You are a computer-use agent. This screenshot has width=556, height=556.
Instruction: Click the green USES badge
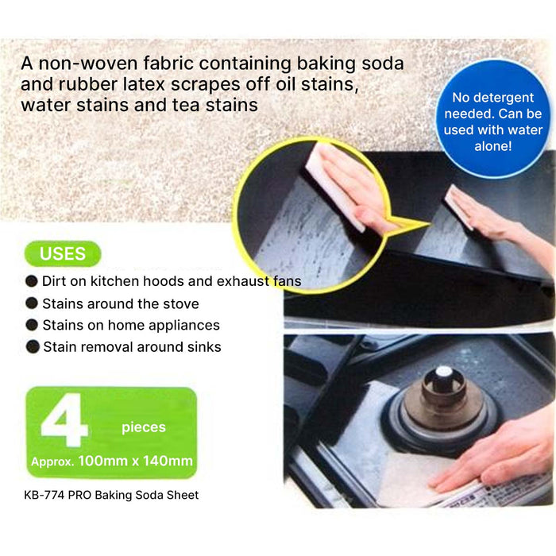(x=63, y=253)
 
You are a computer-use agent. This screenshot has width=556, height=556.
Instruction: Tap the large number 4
(x=64, y=420)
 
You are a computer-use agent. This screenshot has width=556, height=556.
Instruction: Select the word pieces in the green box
(x=144, y=427)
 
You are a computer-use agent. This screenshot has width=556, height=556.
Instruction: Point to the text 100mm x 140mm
(x=136, y=461)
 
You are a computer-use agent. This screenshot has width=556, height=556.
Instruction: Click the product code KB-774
(x=44, y=495)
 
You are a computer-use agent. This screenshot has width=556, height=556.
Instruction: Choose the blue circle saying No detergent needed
(x=493, y=119)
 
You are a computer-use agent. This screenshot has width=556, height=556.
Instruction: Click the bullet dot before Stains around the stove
(x=32, y=303)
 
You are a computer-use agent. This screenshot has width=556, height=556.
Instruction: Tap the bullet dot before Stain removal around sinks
(x=33, y=346)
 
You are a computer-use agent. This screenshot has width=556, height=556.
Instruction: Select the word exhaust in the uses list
(x=243, y=281)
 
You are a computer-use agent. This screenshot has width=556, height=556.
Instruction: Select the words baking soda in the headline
(x=350, y=64)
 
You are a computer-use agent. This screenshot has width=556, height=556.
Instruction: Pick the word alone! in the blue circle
(x=493, y=145)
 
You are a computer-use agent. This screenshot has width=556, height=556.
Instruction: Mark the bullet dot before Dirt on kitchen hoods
(x=32, y=281)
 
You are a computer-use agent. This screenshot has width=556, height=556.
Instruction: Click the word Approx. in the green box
(x=52, y=461)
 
